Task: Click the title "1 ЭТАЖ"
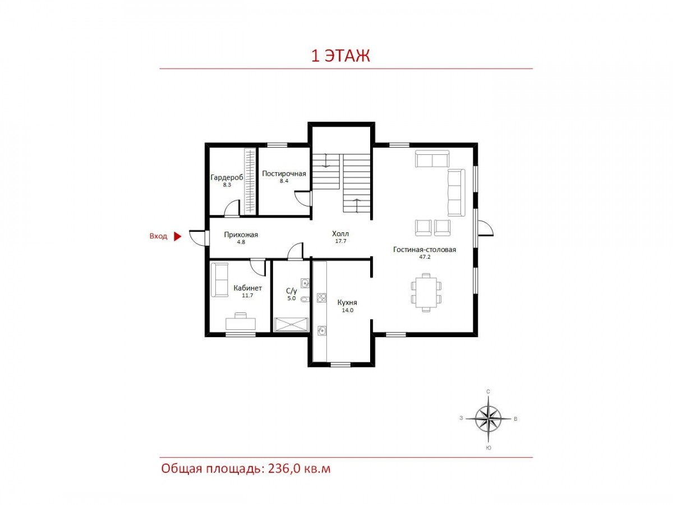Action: click(340, 56)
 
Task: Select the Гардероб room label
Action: click(227, 177)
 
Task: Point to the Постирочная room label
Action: click(284, 173)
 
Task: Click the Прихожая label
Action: click(241, 235)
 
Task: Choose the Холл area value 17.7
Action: click(340, 241)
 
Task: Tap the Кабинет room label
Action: click(247, 288)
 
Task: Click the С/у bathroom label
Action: click(291, 291)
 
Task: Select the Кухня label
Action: click(347, 302)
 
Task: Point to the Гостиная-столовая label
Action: click(425, 249)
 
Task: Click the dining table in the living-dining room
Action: click(426, 292)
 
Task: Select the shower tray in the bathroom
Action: click(291, 324)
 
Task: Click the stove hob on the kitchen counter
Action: click(321, 298)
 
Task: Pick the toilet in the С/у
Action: click(306, 299)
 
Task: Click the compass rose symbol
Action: click(488, 418)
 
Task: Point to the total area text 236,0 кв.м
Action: click(299, 469)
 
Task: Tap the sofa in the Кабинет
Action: click(220, 280)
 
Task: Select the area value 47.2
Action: click(425, 257)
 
